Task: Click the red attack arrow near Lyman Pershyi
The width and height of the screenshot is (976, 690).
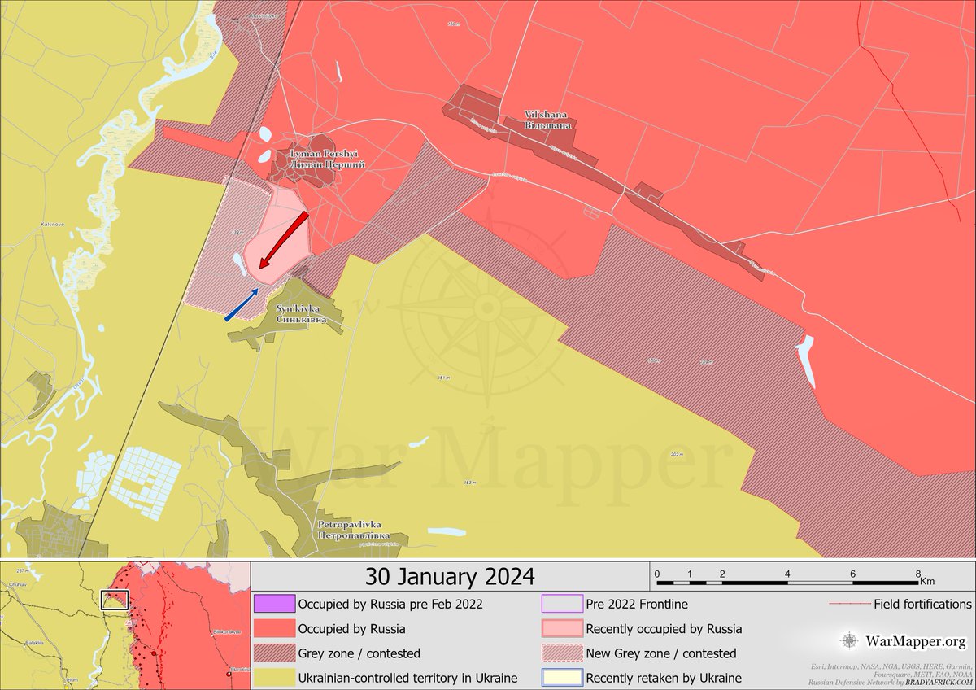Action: [283, 240]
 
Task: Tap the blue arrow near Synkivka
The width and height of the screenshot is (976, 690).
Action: [242, 304]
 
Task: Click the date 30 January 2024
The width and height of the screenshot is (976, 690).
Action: [450, 577]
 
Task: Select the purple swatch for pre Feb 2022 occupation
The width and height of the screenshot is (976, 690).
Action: [274, 605]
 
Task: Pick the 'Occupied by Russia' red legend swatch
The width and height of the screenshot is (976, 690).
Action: [274, 629]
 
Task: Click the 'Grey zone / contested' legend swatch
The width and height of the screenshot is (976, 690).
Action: [274, 653]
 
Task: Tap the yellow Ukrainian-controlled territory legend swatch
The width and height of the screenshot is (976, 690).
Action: [274, 678]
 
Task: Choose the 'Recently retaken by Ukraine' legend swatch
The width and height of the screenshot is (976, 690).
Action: [562, 678]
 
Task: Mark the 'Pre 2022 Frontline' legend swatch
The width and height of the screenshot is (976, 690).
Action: [562, 605]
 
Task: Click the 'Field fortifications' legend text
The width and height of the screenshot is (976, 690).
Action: [922, 605]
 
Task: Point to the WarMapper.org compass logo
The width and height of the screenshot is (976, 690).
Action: [849, 641]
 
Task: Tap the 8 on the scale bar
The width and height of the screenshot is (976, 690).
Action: [918, 574]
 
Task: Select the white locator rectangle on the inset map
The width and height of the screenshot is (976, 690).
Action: [115, 600]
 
